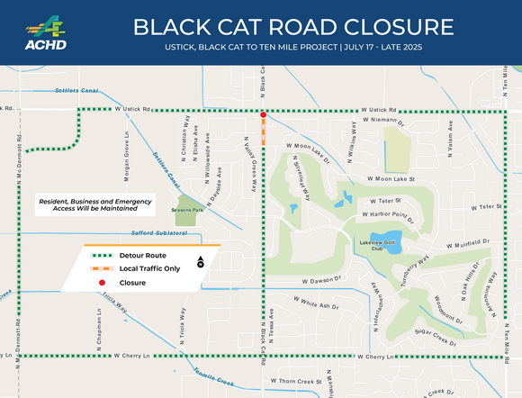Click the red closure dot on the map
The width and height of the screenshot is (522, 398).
point(263,115)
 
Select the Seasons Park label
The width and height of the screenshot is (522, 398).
point(185,209)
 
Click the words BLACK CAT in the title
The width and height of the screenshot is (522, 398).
point(209,24)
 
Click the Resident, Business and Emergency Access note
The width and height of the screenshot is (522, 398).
point(86,204)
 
